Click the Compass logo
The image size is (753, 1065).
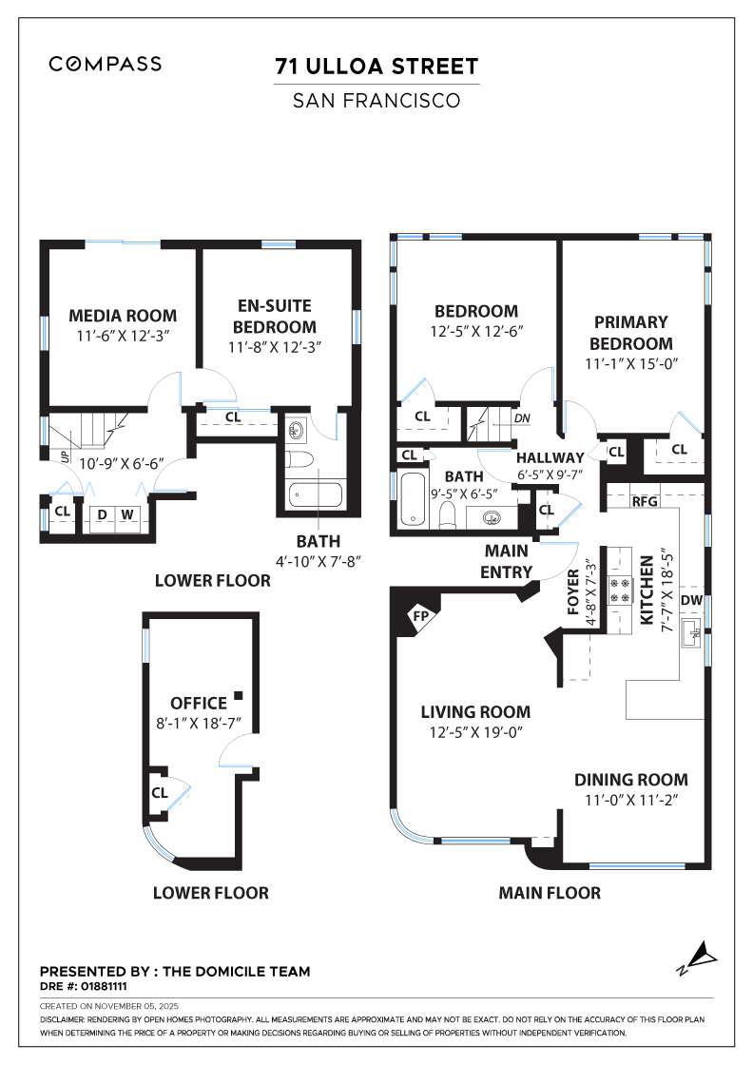[106, 65]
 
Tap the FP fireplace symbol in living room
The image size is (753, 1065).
[419, 616]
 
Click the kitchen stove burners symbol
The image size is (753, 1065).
[620, 591]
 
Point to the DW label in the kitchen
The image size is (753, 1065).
[691, 600]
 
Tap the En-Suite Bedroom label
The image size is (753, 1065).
[274, 316]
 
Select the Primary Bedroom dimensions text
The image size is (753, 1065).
[631, 363]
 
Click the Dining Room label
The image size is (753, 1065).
[630, 779]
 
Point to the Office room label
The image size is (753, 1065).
[198, 704]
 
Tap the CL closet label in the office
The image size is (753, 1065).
[160, 791]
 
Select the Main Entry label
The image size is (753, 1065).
[507, 560]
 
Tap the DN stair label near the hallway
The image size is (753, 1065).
[521, 417]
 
